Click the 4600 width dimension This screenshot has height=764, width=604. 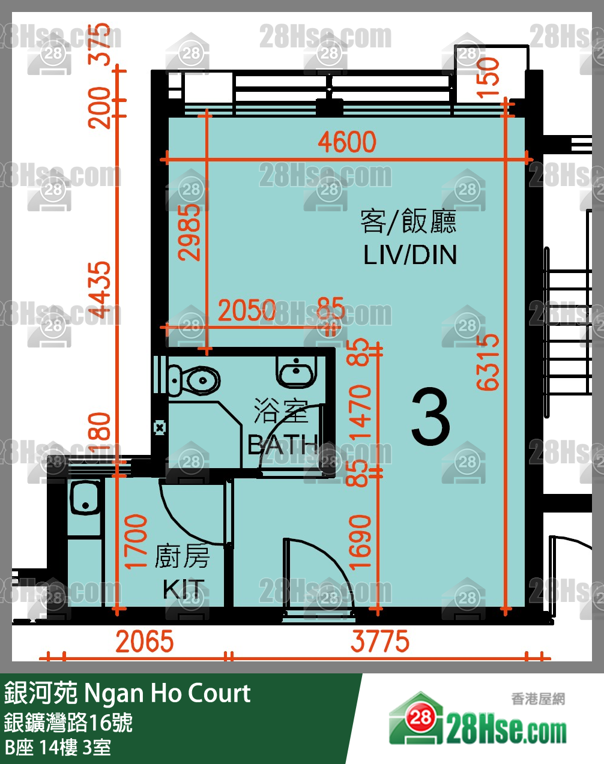pyautogui.click(x=347, y=142)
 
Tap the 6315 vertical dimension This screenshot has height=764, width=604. pyautogui.click(x=488, y=362)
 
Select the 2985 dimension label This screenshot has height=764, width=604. pyautogui.click(x=190, y=232)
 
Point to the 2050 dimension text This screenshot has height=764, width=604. pyautogui.click(x=247, y=310)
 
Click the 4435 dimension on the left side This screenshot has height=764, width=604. pyautogui.click(x=100, y=289)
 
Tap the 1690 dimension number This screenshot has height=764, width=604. pyautogui.click(x=360, y=542)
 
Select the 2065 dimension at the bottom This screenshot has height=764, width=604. pyautogui.click(x=145, y=642)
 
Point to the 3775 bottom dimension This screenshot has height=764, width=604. pyautogui.click(x=380, y=642)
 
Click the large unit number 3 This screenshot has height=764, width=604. pyautogui.click(x=430, y=417)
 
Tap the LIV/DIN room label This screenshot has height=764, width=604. pyautogui.click(x=410, y=255)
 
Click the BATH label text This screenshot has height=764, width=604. pyautogui.click(x=282, y=445)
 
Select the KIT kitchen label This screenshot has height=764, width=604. pyautogui.click(x=184, y=589)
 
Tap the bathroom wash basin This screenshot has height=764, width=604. pyautogui.click(x=296, y=371)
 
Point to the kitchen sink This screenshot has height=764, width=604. pyautogui.click(x=85, y=498)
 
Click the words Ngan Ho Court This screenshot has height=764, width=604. pyautogui.click(x=167, y=693)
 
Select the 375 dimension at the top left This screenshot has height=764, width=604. pyautogui.click(x=100, y=44)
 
